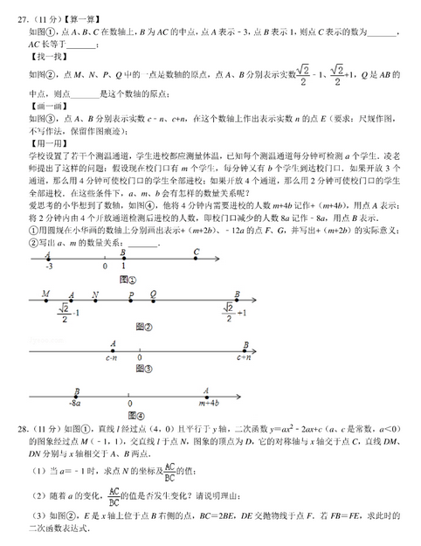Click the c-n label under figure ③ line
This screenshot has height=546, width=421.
pyautogui.click(x=112, y=357)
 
